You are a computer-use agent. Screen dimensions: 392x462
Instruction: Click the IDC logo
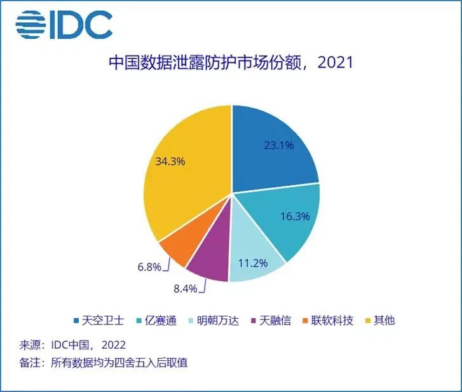[64, 24]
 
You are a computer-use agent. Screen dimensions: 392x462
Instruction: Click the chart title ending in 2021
[231, 64]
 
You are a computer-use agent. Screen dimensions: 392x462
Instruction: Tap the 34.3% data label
[170, 162]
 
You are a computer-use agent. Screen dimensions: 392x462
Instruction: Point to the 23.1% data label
[279, 145]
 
